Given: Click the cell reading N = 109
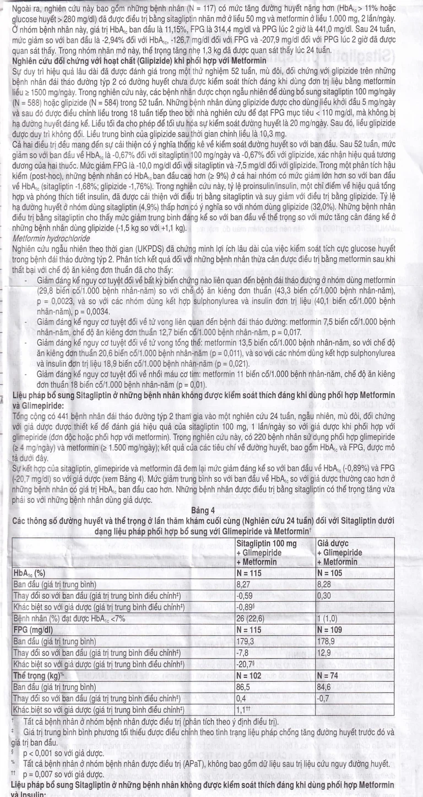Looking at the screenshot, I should [x=333, y=629].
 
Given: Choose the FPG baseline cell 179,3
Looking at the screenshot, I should [x=246, y=640].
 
